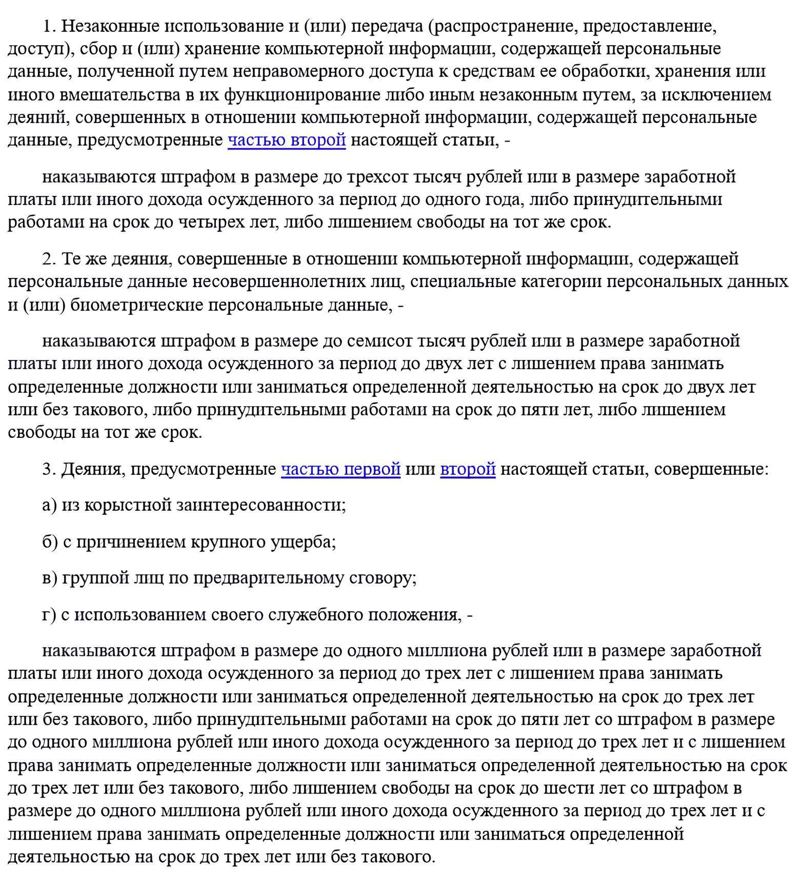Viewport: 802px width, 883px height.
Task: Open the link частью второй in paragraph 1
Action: point(287,140)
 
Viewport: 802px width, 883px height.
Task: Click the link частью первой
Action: point(340,469)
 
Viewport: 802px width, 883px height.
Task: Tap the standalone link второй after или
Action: point(468,469)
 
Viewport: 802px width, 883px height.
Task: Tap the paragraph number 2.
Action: point(49,259)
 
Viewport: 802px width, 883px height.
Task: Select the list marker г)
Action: point(49,614)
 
